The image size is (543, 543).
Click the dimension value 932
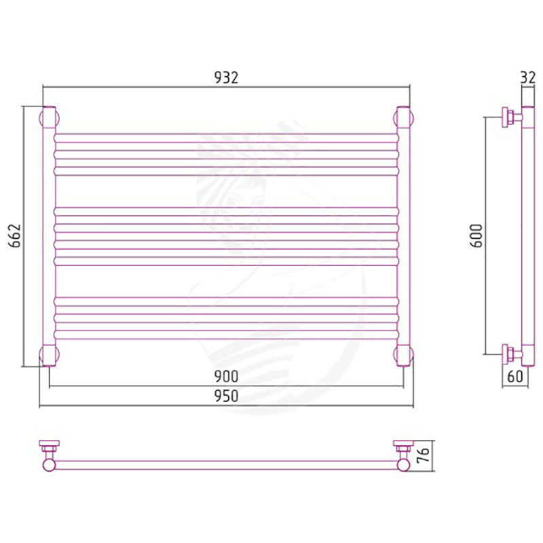point(226,78)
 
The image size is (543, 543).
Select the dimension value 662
point(15,236)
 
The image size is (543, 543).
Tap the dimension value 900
point(226,377)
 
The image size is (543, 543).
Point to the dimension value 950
point(226,396)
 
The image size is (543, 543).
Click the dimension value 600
point(476,236)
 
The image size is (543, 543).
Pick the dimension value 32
point(528,78)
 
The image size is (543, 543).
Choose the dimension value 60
point(515,377)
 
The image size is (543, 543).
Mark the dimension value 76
point(423,455)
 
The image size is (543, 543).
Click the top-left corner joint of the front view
point(49,118)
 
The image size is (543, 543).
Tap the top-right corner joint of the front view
point(403,118)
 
